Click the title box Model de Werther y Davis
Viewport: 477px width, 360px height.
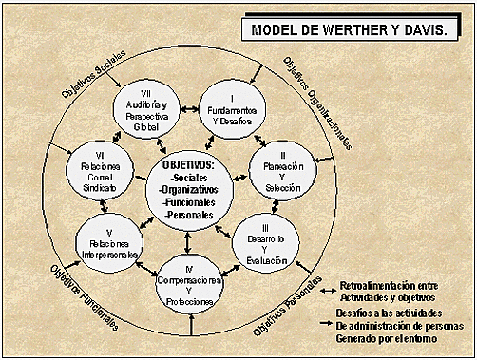point(350,30)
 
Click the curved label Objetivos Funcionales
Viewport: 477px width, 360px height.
point(86,295)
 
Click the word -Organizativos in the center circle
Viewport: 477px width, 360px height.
point(189,189)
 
